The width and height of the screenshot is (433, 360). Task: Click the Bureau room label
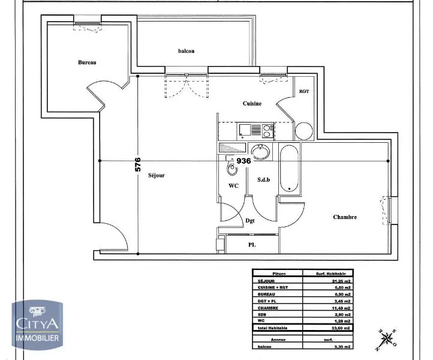coord(87,62)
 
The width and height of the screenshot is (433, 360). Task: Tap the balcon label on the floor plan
coord(187,51)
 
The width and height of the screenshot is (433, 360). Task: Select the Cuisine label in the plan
coord(252,104)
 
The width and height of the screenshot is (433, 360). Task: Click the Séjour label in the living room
coord(157,176)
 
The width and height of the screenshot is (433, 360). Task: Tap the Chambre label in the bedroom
coord(345,217)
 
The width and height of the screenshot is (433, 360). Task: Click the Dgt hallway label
coord(250,221)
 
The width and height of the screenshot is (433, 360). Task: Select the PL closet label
coord(253,245)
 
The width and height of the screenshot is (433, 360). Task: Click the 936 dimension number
coord(244,161)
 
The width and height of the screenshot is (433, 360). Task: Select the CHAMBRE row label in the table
coord(268,308)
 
